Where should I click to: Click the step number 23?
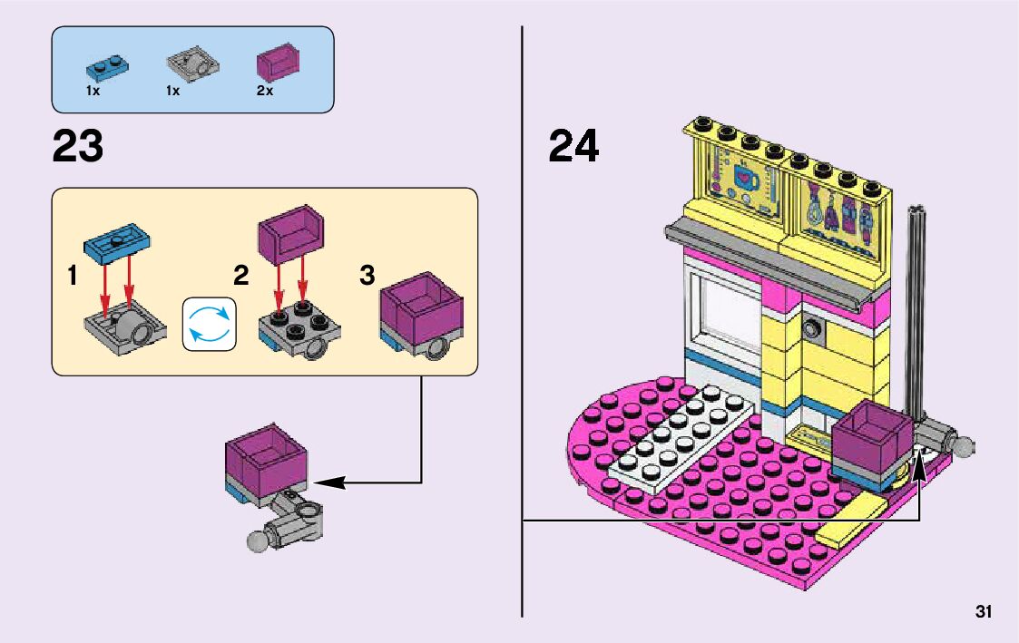click(x=78, y=146)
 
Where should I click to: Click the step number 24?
click(x=573, y=146)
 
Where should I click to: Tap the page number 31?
click(x=984, y=611)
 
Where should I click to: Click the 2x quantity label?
click(x=265, y=91)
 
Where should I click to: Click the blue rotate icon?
click(x=209, y=324)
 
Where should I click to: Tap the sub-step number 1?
click(x=72, y=278)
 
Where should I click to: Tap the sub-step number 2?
click(x=240, y=276)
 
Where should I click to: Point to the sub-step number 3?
click(x=367, y=276)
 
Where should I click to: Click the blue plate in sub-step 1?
click(x=117, y=240)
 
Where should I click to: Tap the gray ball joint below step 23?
click(x=258, y=541)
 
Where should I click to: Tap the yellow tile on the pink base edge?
click(x=853, y=521)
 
